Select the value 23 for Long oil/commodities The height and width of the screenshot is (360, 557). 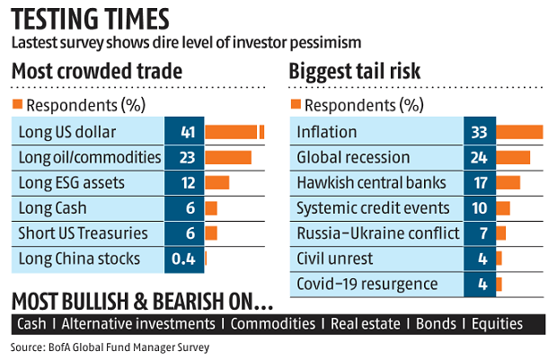pos(187,158)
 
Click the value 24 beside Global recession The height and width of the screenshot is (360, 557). pos(478,158)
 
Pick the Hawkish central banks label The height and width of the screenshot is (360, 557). pos(370,183)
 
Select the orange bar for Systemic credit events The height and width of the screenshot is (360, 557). pos(502,208)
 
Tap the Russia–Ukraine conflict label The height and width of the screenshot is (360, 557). pos(377,233)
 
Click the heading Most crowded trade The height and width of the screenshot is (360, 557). pos(96,71)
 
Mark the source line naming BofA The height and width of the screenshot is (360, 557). pos(113,347)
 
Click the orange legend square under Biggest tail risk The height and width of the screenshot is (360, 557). pos(294,105)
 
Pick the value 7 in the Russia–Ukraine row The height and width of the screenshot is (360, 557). pos(478,233)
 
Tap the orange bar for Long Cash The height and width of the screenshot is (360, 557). pos(211,208)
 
